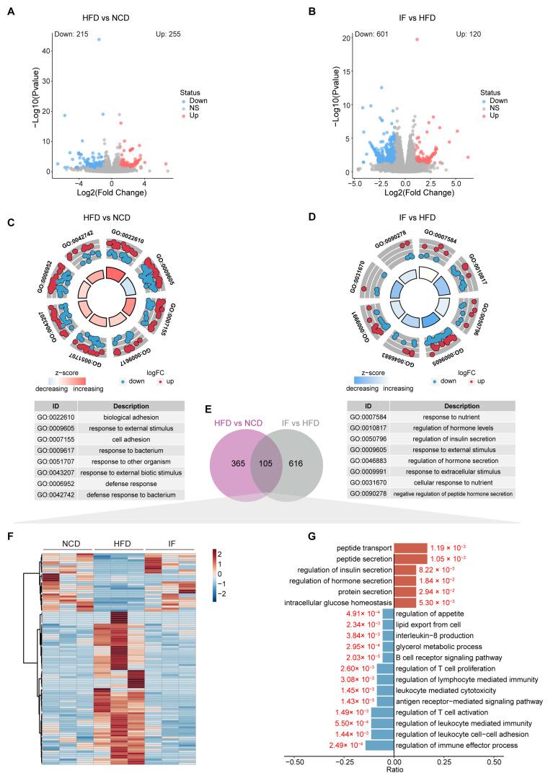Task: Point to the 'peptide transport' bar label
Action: click(364, 547)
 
